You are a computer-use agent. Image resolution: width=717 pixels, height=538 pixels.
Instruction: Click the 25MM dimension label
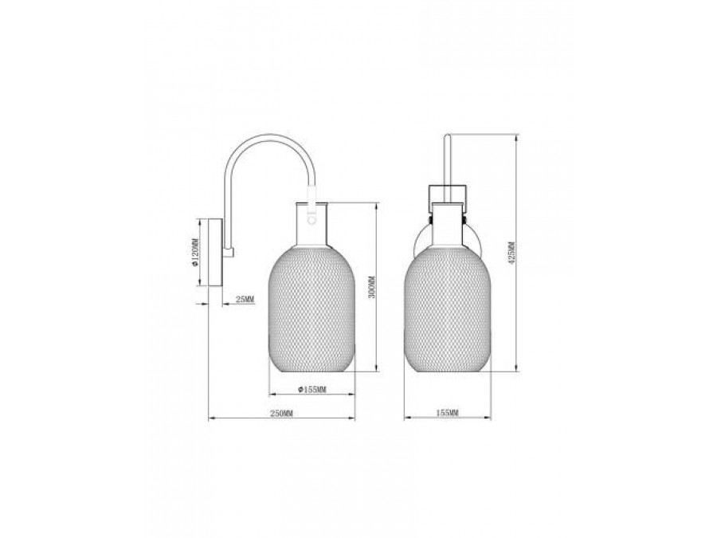pos(245,299)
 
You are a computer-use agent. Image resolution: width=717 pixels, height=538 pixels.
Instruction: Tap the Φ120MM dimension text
pos(195,253)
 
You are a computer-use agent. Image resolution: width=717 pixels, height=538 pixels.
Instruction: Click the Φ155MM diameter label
pos(311,389)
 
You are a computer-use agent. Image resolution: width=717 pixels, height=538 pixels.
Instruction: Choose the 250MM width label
pos(281,413)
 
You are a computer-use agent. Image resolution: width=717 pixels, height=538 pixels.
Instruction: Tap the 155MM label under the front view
pos(447,413)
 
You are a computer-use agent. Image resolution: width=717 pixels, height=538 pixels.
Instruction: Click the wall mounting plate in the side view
pos(215,253)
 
